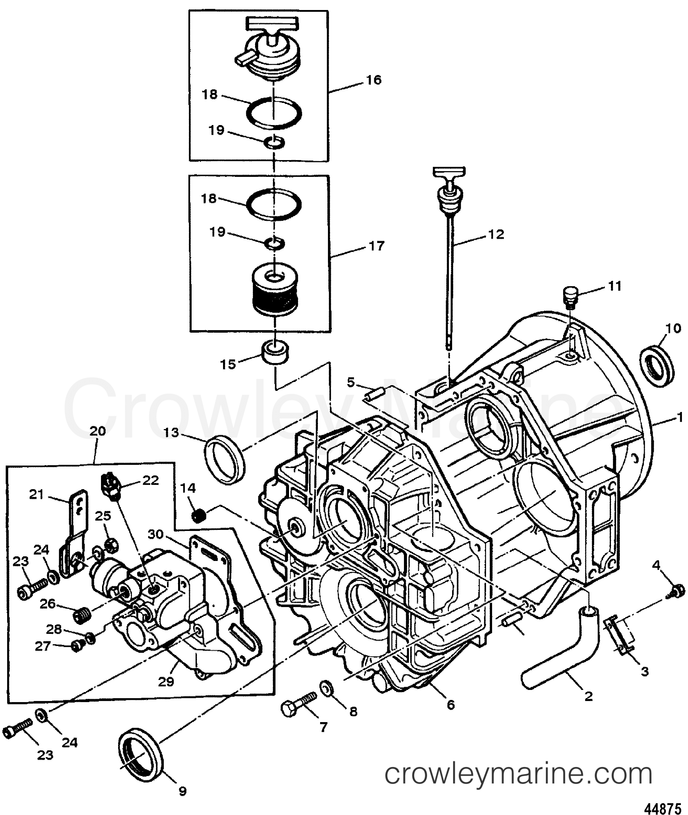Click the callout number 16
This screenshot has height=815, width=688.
(373, 80)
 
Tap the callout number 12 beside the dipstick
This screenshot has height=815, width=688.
(496, 234)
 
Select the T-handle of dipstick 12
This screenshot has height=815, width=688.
(449, 172)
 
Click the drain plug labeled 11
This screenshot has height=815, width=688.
(570, 294)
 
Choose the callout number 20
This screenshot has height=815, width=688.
(97, 432)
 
